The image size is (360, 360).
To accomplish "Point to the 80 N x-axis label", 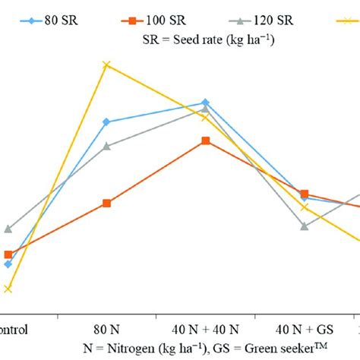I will [x=106, y=330].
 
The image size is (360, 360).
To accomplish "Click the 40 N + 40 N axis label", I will [x=205, y=330].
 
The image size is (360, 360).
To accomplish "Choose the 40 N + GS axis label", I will [x=304, y=330].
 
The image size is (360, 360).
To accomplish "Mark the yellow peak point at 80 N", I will [x=106, y=65].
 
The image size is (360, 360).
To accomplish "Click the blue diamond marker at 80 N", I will [x=106, y=122].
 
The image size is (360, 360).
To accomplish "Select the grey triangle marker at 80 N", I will [x=106, y=146].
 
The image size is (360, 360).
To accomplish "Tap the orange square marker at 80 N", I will [x=106, y=203].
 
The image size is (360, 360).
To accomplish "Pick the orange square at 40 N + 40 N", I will [x=206, y=141].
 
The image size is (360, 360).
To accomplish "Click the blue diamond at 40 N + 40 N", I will [x=206, y=102].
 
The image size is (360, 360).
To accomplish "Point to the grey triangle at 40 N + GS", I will [x=305, y=226].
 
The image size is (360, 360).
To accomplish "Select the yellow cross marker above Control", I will [x=8, y=289].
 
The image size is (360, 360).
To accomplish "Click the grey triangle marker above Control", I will [x=8, y=228].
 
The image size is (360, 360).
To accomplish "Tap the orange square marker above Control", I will [x=8, y=254].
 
